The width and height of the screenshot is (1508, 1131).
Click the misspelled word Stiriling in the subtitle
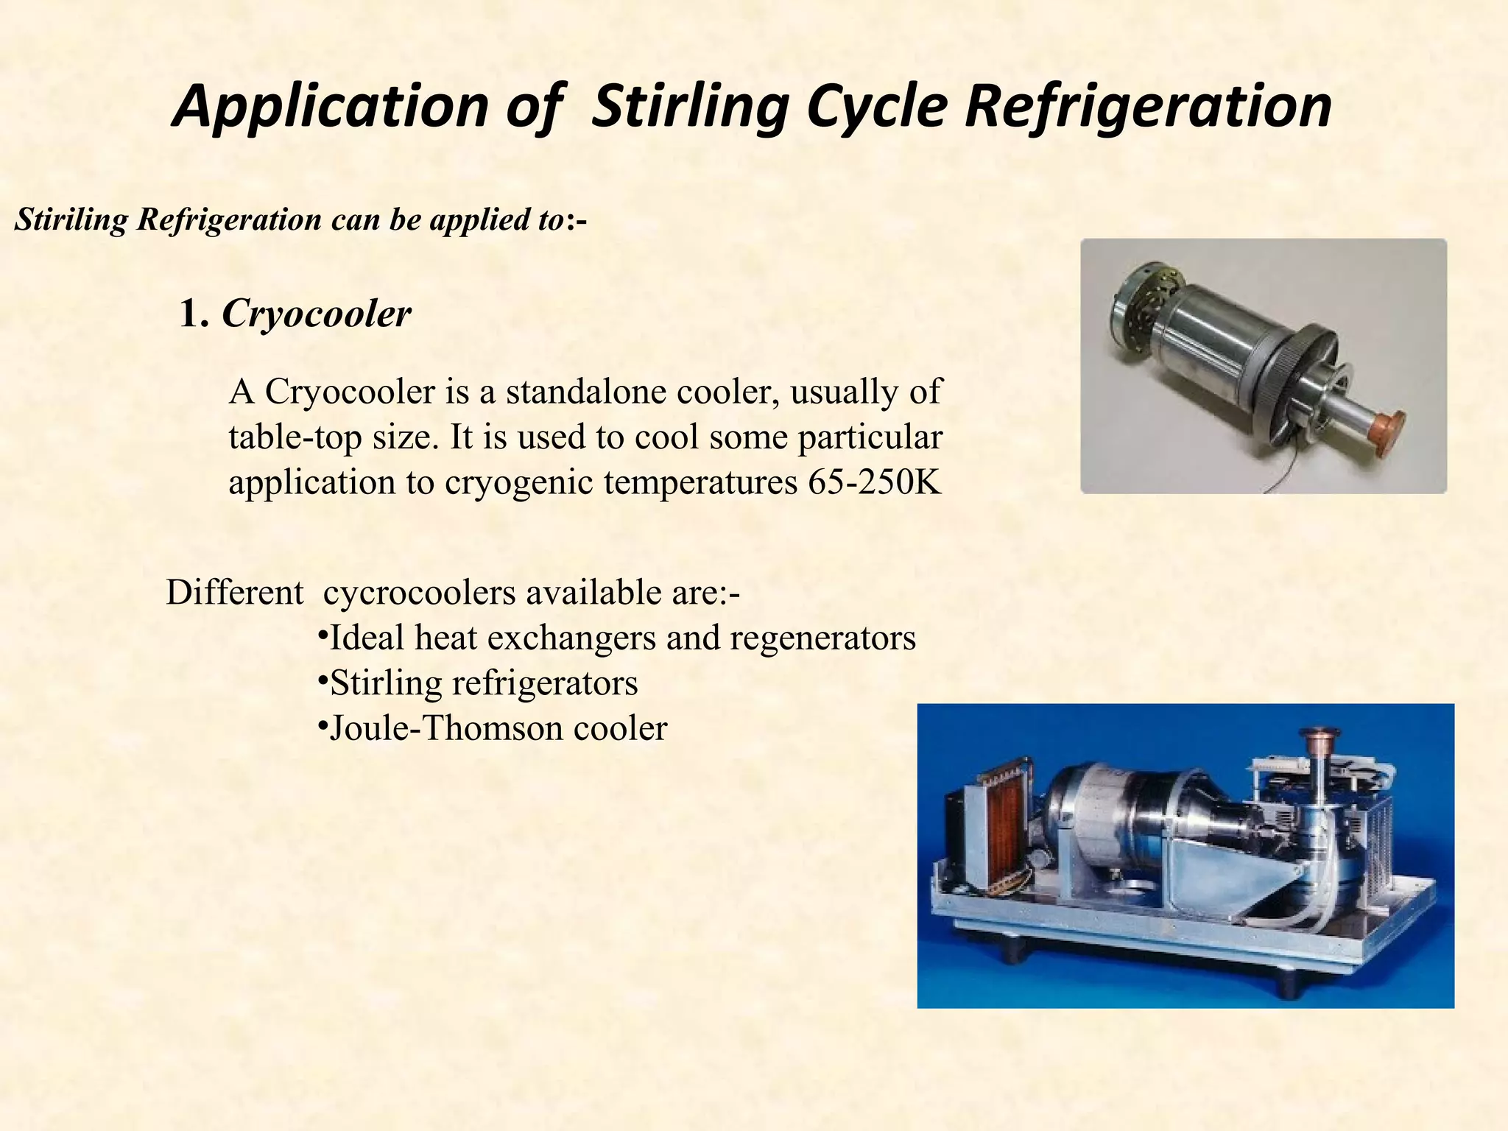point(71,219)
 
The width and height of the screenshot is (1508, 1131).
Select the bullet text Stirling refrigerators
point(484,683)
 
